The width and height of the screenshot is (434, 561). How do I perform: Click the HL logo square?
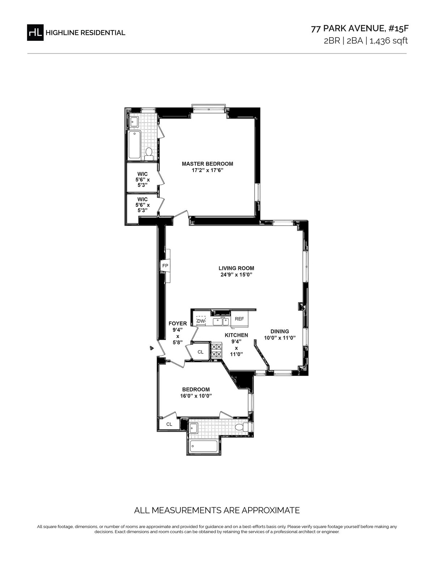click(35, 33)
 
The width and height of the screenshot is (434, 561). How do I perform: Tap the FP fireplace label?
click(165, 265)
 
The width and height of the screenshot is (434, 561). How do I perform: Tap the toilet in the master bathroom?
click(148, 154)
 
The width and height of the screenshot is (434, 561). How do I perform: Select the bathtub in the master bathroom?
click(134, 145)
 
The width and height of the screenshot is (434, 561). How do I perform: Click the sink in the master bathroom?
click(134, 121)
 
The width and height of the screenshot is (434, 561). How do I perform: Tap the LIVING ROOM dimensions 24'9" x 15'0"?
click(236, 275)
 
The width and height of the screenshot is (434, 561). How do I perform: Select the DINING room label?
click(280, 331)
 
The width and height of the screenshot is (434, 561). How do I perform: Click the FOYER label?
click(178, 324)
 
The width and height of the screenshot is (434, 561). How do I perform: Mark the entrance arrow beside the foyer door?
click(152, 348)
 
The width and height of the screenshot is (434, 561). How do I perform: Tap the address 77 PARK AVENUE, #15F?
click(360, 29)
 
